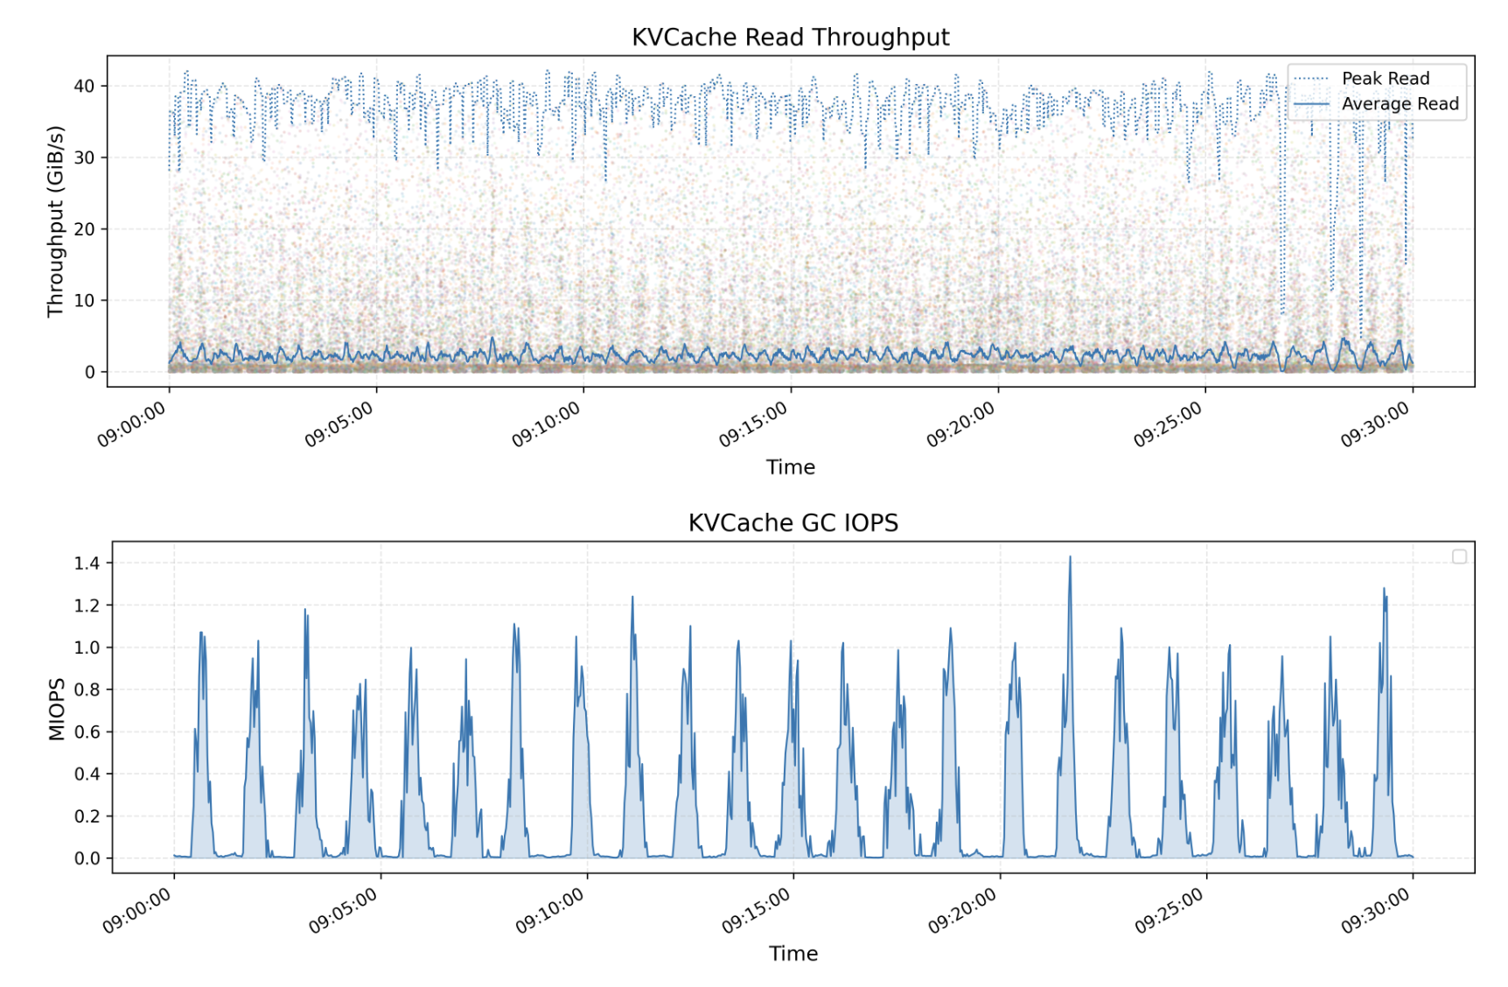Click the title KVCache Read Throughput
790,38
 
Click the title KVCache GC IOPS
792,523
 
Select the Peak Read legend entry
1385,79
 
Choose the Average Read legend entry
1400,104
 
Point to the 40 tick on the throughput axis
84,87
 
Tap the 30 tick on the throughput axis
84,158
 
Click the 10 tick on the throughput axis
84,301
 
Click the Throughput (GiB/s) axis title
56,221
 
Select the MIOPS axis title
57,710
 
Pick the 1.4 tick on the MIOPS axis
87,563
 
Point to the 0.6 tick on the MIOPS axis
87,732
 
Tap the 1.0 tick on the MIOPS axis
87,648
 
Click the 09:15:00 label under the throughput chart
754,425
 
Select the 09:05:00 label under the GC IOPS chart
344,911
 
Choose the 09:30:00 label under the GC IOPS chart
1376,911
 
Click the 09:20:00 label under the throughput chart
961,425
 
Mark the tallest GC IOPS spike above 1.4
1069,557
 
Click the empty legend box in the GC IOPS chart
1459,556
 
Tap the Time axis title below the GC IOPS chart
792,954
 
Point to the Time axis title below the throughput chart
790,467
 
